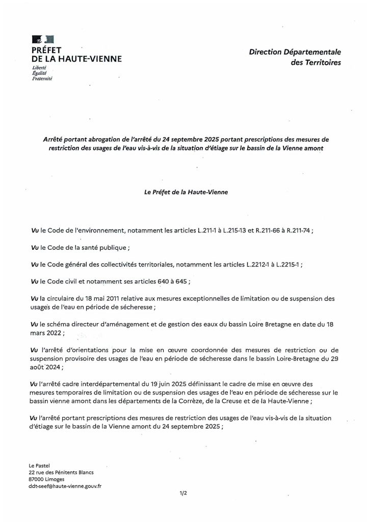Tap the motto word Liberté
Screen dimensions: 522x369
pyautogui.click(x=39, y=68)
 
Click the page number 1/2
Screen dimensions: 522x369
pyautogui.click(x=184, y=493)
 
